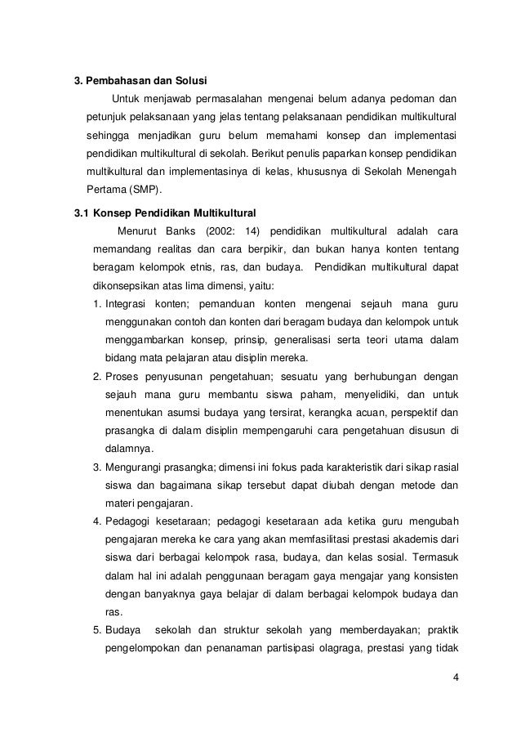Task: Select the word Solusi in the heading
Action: coord(189,81)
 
